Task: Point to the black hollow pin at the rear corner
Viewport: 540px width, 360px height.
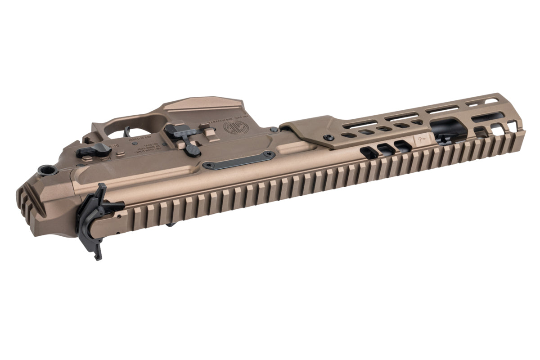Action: (46, 170)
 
